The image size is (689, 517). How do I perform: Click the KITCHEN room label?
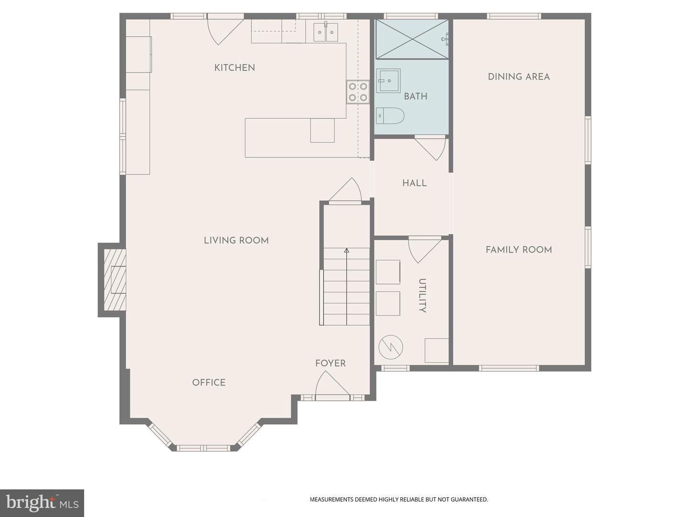[x=234, y=68]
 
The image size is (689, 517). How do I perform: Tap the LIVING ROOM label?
[x=236, y=240]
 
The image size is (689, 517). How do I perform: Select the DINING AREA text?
[x=519, y=77]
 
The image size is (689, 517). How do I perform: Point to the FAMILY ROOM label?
[x=519, y=249]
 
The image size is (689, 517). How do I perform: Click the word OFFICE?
[x=209, y=382]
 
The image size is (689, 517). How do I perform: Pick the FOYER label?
[x=330, y=363]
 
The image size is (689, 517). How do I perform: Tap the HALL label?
[x=414, y=183]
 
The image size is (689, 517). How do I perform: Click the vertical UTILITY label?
[x=422, y=295]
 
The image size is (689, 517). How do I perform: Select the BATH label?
[x=415, y=96]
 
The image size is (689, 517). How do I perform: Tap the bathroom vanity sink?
[x=388, y=81]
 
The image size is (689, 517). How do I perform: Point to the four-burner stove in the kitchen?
[x=358, y=92]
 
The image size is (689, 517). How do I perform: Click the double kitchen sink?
[x=326, y=32]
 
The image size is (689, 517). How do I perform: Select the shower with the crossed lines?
[x=412, y=39]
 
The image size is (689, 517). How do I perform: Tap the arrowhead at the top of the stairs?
[x=346, y=250]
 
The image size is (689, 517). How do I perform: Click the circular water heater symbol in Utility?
[x=390, y=347]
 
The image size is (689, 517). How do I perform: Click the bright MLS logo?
[x=42, y=503]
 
